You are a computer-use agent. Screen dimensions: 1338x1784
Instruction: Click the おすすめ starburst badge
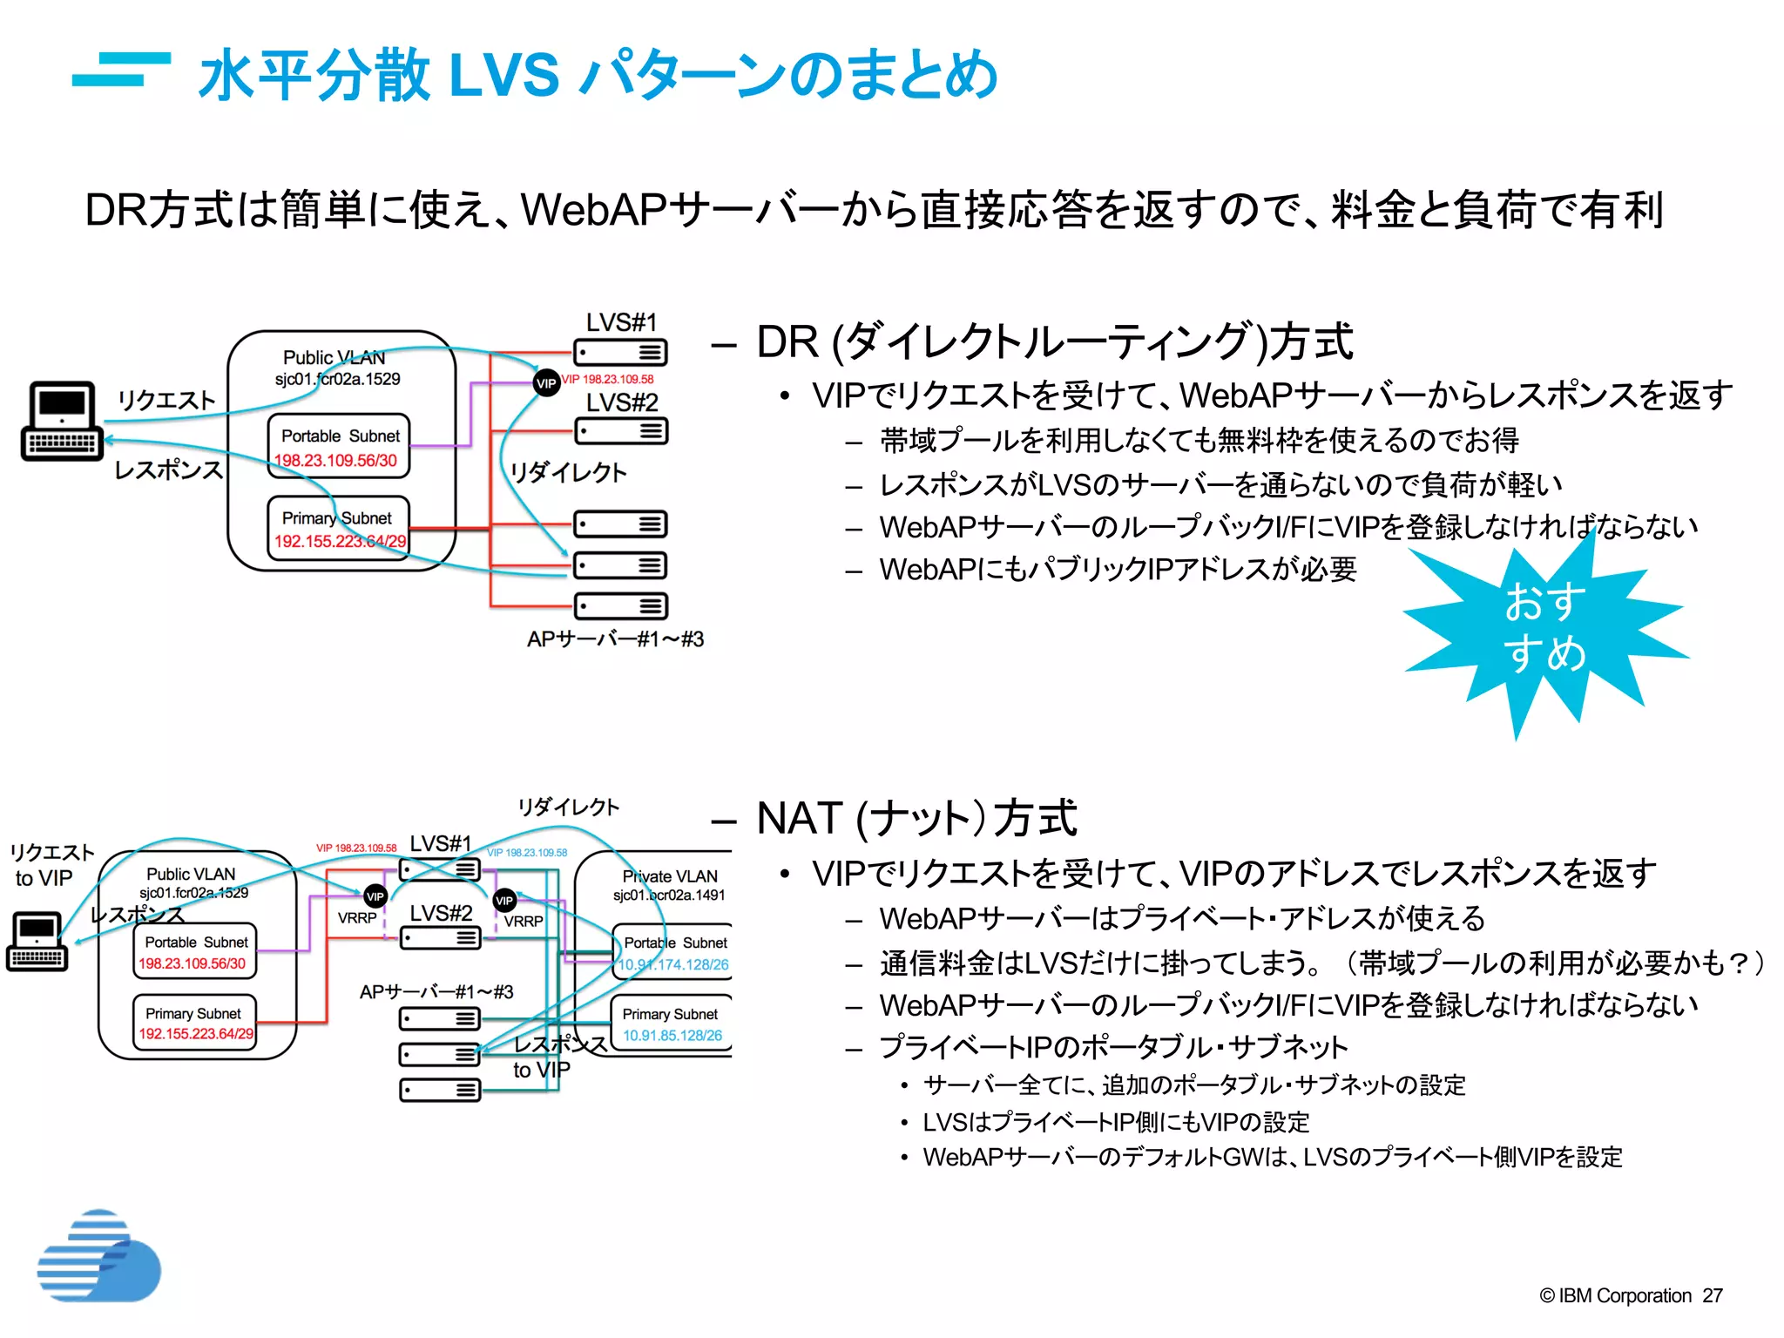1544,629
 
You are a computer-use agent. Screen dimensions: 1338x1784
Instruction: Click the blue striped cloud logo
98,1257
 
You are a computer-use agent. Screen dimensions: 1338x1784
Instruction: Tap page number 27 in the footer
1712,1295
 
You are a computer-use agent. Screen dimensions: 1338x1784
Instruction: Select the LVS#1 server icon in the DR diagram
620,352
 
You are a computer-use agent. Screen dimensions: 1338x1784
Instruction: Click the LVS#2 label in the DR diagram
622,402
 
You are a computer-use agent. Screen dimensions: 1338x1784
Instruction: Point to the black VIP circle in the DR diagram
546,382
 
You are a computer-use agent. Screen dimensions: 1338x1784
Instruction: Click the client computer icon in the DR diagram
61,421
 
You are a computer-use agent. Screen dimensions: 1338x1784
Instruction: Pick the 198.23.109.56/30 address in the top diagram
336,460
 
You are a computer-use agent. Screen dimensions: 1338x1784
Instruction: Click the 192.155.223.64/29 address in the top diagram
340,541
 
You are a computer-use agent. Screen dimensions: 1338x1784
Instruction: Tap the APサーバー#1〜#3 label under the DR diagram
615,639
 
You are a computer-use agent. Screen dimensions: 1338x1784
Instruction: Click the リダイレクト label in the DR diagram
568,472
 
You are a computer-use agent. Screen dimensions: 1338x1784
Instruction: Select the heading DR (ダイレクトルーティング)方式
1054,341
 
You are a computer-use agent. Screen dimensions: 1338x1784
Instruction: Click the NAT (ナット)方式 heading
916,819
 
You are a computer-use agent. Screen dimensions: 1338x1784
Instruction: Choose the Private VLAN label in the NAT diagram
669,876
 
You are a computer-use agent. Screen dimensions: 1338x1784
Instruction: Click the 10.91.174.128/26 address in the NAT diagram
673,964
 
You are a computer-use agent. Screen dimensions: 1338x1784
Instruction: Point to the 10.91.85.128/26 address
672,1036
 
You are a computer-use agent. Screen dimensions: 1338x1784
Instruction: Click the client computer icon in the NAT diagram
37,942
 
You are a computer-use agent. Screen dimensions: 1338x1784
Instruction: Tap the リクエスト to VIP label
50,865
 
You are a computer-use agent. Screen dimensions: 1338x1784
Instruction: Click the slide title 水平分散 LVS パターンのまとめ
598,74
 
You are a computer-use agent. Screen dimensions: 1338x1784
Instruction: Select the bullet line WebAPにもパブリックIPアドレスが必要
1118,570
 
